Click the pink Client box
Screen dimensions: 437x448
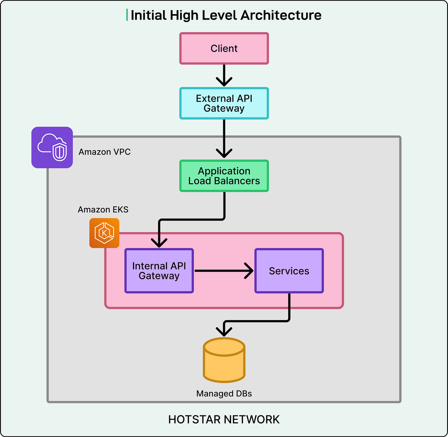click(224, 49)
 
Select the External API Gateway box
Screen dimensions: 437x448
click(224, 103)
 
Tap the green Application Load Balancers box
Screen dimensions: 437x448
click(224, 176)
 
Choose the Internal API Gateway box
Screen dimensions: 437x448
click(159, 271)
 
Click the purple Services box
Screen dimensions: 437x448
click(289, 271)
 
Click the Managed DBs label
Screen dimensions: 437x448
click(224, 394)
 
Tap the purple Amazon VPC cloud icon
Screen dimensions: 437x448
click(52, 147)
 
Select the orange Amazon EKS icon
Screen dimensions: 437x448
click(104, 233)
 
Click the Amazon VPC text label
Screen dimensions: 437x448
click(105, 152)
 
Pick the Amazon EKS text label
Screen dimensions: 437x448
click(103, 210)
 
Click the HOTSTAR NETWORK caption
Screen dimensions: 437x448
click(224, 419)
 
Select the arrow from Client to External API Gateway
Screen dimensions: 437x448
click(224, 75)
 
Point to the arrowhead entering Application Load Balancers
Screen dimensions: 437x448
click(224, 153)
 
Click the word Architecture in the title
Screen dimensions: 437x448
click(281, 15)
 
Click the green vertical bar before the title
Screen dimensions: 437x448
click(127, 15)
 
